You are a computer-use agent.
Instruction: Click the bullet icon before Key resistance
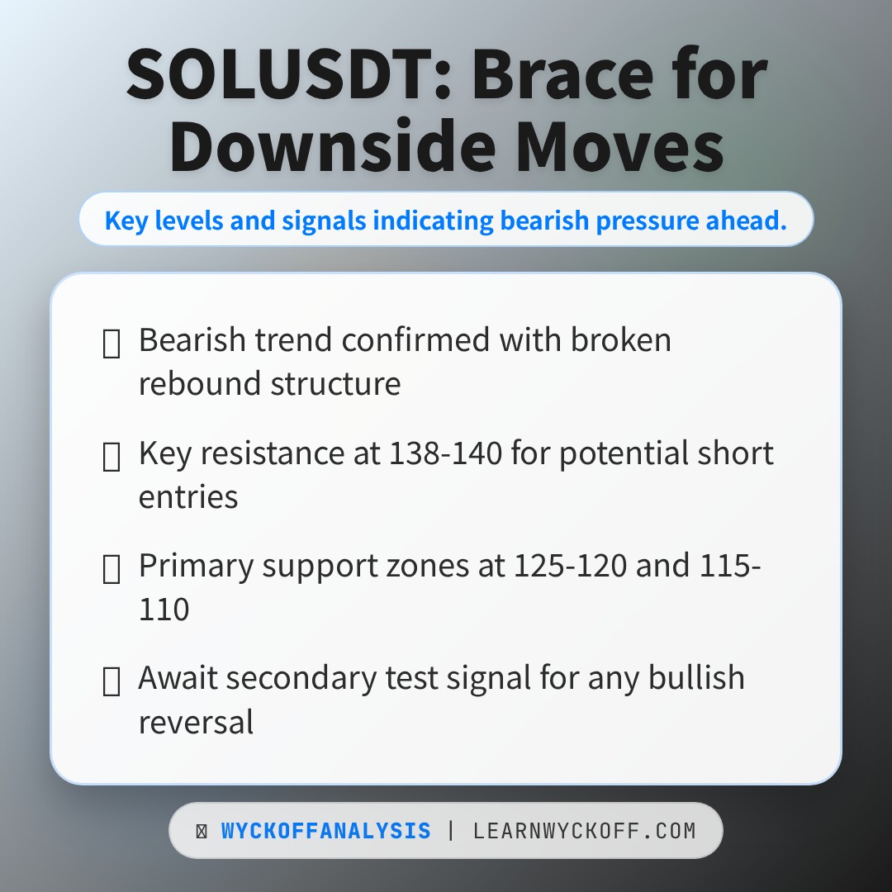[x=111, y=457]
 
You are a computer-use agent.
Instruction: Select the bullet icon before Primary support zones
[x=111, y=570]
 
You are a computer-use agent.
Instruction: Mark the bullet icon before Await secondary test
[x=111, y=682]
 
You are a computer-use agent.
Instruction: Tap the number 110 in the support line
[x=164, y=610]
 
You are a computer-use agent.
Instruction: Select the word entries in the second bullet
[x=188, y=497]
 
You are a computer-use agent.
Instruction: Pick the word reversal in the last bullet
[x=196, y=722]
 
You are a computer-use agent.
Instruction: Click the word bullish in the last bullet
[x=696, y=678]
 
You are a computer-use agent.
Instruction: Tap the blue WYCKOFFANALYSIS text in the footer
[x=325, y=831]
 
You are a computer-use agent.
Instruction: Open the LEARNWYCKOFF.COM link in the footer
[x=584, y=831]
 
